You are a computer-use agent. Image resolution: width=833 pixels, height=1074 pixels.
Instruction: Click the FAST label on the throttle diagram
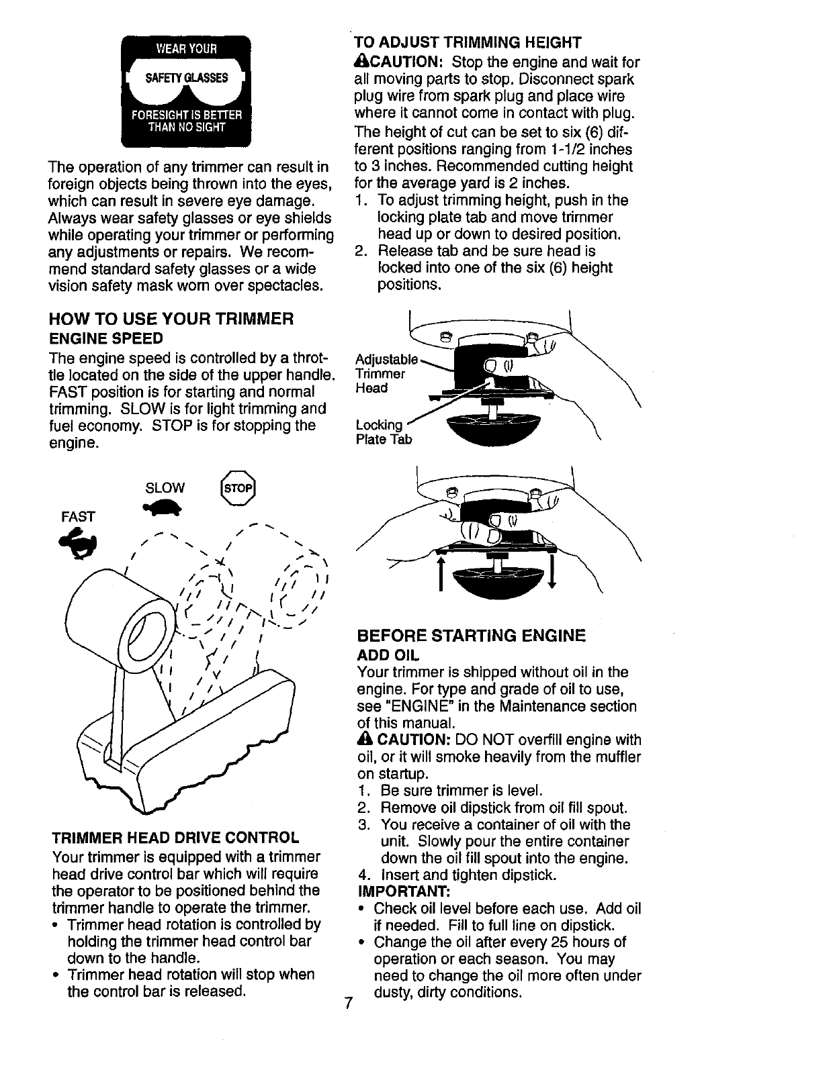(x=78, y=516)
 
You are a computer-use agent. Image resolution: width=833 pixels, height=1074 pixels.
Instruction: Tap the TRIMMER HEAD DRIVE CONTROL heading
(x=175, y=838)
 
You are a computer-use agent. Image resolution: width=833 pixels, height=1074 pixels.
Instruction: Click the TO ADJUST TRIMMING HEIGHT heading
(x=468, y=43)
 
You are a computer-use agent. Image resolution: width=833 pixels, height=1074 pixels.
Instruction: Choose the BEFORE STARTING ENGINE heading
(x=472, y=636)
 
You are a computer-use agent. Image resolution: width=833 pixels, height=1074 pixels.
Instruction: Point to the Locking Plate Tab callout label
(x=382, y=432)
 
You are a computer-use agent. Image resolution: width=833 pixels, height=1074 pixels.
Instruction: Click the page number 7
(x=348, y=1004)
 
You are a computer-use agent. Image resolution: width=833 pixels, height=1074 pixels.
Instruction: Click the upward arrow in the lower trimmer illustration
(x=441, y=571)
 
